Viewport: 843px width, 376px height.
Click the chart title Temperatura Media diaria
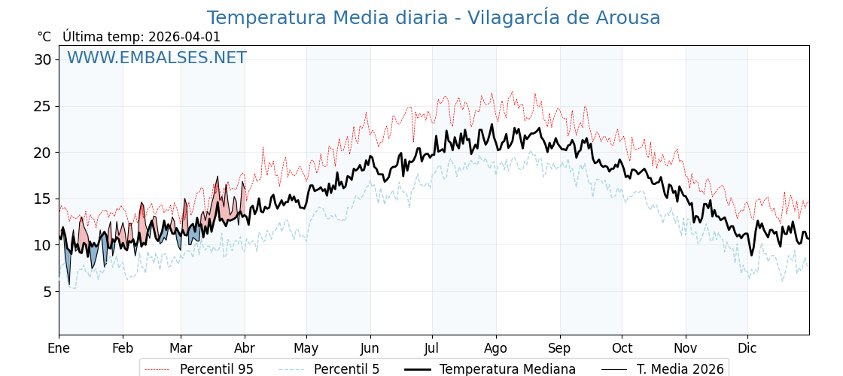click(x=434, y=18)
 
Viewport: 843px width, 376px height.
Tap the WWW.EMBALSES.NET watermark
click(x=157, y=58)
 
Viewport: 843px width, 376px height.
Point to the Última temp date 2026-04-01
click(x=184, y=37)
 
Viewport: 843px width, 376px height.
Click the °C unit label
click(x=44, y=37)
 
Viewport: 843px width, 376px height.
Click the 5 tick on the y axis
click(x=47, y=291)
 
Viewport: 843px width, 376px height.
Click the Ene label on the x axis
click(x=59, y=348)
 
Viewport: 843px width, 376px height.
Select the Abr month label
click(x=245, y=348)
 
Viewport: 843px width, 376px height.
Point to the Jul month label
click(x=432, y=348)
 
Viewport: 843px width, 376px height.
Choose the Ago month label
click(x=496, y=348)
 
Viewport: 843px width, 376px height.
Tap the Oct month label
click(x=622, y=348)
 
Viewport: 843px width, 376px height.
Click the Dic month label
click(x=747, y=348)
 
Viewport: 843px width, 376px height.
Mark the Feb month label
click(x=123, y=348)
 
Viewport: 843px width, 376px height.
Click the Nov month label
click(x=686, y=348)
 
